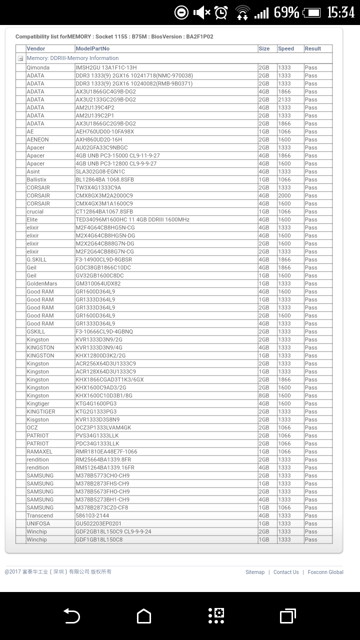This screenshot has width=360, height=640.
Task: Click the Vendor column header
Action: (x=36, y=48)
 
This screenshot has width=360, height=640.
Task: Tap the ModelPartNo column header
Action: (x=92, y=48)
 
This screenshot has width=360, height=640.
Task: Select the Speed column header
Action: (x=286, y=48)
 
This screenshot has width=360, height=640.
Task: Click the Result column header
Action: (x=313, y=48)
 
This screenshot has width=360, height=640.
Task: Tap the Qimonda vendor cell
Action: (x=38, y=67)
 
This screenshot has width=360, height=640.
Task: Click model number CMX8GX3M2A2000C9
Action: (x=104, y=195)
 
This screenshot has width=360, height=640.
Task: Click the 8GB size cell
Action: (x=264, y=395)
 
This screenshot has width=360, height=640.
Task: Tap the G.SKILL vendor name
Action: (x=36, y=259)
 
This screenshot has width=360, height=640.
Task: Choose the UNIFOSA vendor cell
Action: (x=38, y=523)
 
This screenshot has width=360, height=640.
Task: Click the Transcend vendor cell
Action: (x=39, y=515)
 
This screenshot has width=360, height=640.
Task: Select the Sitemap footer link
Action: (x=255, y=572)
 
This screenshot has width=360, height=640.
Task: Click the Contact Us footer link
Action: (x=286, y=572)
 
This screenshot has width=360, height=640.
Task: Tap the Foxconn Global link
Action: (x=325, y=572)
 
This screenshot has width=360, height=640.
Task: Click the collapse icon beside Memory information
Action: (x=20, y=58)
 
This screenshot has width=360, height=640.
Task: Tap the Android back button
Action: (x=71, y=615)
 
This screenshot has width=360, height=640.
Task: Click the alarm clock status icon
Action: (x=221, y=12)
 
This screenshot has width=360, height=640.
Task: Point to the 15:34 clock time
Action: (x=340, y=12)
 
